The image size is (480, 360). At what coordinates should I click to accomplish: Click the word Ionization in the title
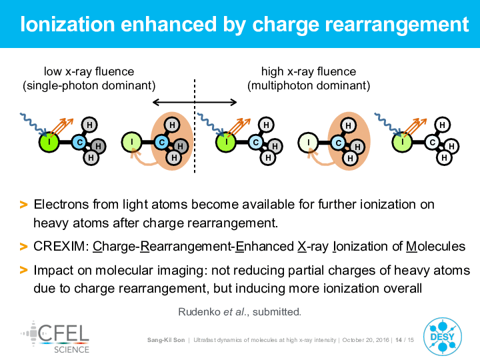click(x=67, y=24)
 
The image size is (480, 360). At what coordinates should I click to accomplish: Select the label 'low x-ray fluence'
click(x=89, y=71)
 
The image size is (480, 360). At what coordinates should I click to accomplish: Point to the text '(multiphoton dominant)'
click(x=309, y=85)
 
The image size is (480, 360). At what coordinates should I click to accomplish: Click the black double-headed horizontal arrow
click(x=195, y=102)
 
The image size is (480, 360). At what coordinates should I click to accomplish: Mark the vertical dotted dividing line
click(x=195, y=126)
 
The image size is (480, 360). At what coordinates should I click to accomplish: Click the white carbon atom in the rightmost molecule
click(x=432, y=143)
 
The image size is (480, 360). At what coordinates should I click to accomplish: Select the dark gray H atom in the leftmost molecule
click(x=98, y=146)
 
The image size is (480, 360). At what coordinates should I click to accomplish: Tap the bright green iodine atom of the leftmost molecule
click(x=49, y=142)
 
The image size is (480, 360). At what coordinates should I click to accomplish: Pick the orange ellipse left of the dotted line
click(x=172, y=141)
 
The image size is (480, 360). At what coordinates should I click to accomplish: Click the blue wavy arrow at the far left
click(x=33, y=124)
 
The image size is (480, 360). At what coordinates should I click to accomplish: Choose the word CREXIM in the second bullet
click(x=61, y=247)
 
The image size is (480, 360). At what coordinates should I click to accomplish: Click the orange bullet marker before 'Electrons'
click(x=23, y=205)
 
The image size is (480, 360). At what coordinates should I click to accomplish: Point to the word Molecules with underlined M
click(x=435, y=247)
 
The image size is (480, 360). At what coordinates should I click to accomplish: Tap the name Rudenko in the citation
click(x=199, y=312)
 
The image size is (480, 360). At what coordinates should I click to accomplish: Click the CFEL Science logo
click(x=55, y=337)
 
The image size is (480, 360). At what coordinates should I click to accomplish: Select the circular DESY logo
click(x=443, y=337)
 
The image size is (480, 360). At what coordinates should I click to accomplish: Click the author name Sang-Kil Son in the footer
click(x=166, y=340)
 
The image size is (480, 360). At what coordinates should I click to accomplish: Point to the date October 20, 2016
click(x=365, y=340)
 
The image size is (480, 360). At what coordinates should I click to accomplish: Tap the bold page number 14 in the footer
click(x=399, y=340)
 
